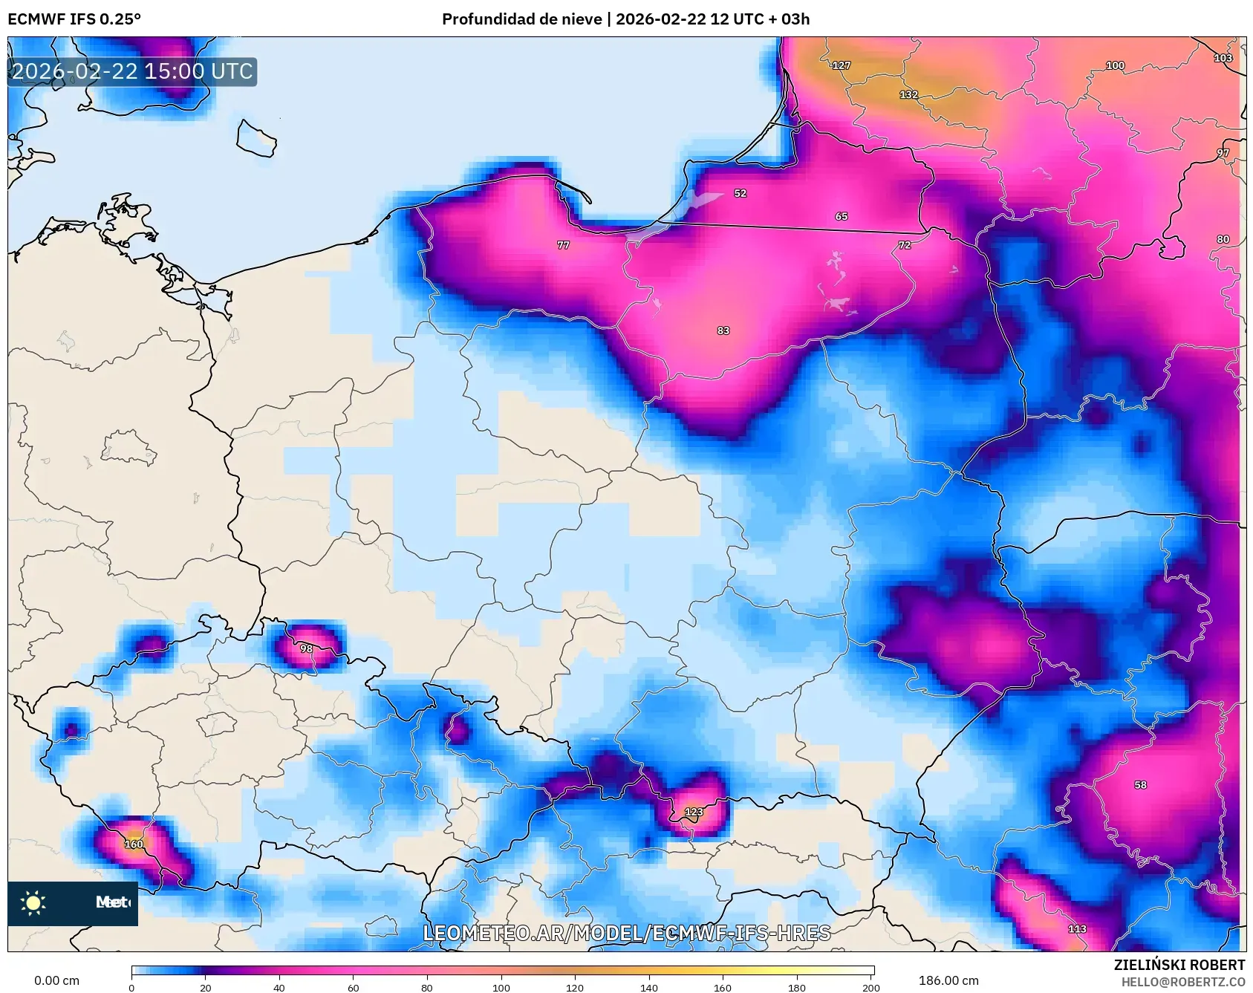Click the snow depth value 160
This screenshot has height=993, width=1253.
point(134,844)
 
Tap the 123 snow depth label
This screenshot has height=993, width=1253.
point(694,812)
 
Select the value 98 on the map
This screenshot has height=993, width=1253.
point(306,648)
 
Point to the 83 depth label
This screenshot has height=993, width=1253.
point(723,331)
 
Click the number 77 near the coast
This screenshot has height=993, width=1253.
point(563,245)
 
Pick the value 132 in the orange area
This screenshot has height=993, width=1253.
point(908,95)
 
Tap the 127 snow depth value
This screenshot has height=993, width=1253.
point(841,65)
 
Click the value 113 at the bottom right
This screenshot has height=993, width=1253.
point(1077,928)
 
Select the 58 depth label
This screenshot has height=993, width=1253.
point(1140,785)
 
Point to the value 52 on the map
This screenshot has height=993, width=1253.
point(740,193)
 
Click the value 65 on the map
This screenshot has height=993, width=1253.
point(841,217)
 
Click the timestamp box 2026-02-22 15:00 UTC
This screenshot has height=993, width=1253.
point(132,71)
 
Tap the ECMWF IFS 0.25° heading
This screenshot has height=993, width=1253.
point(74,19)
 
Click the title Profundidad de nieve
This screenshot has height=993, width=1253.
point(521,19)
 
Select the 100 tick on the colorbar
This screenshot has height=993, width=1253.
point(501,987)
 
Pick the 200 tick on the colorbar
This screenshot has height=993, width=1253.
point(870,987)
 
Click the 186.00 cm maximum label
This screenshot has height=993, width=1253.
point(948,980)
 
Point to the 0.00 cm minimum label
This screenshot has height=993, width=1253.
point(56,980)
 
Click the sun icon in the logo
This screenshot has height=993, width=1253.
point(33,902)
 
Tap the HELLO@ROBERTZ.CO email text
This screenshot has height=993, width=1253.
point(1182,982)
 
